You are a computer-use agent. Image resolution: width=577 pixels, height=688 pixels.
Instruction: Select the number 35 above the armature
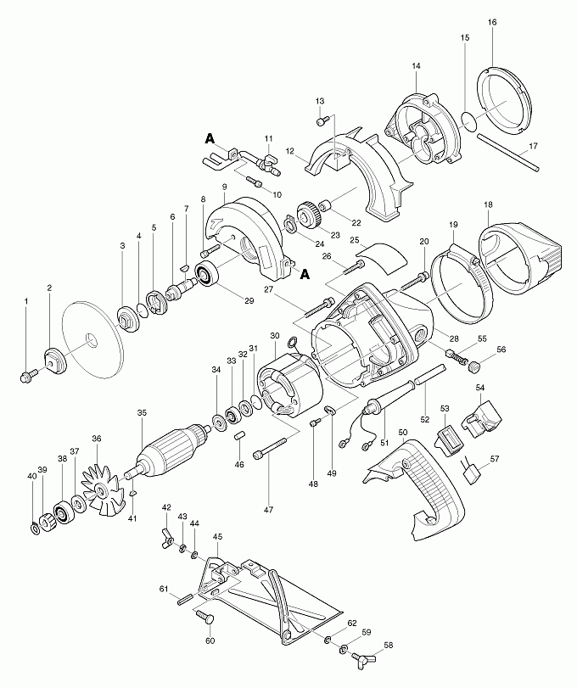click(142, 413)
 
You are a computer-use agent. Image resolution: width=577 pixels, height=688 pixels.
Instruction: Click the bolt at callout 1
click(28, 372)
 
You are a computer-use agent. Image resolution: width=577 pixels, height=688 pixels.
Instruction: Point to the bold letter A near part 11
click(210, 137)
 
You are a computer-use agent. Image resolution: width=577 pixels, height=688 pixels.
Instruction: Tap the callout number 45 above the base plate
click(217, 536)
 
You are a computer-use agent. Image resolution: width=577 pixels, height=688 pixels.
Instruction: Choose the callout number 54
click(480, 388)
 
